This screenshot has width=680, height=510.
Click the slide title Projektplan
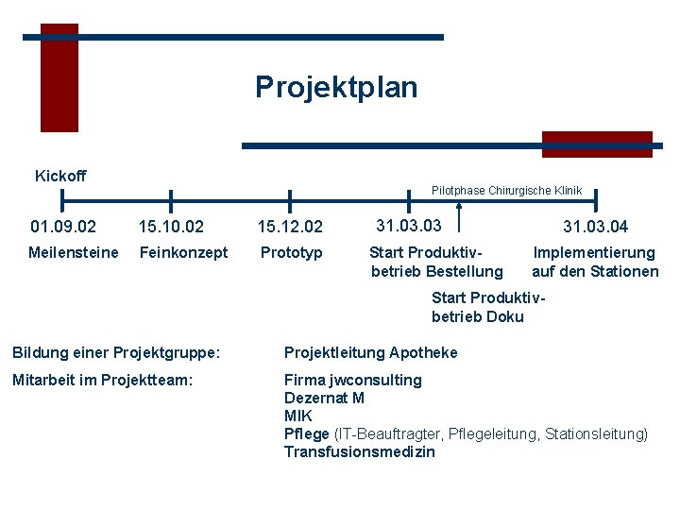(x=335, y=88)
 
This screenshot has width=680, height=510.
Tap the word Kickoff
(x=60, y=176)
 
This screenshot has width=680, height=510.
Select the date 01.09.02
(x=62, y=227)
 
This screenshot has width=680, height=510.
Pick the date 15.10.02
(x=171, y=227)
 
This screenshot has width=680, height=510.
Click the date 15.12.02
(x=290, y=227)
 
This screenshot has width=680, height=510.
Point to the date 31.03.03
(x=409, y=226)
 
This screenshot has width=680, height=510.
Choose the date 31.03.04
(x=595, y=227)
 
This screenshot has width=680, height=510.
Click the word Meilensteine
(x=74, y=252)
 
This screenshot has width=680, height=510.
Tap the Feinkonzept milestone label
(x=183, y=252)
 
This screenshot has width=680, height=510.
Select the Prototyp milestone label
(x=291, y=252)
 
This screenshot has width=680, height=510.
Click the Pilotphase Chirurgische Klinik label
(x=506, y=191)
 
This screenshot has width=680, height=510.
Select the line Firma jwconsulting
(x=353, y=380)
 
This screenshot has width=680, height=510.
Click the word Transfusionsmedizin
(x=360, y=451)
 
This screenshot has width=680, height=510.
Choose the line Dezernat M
(x=324, y=398)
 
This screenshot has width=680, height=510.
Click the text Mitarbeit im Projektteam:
(x=102, y=380)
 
